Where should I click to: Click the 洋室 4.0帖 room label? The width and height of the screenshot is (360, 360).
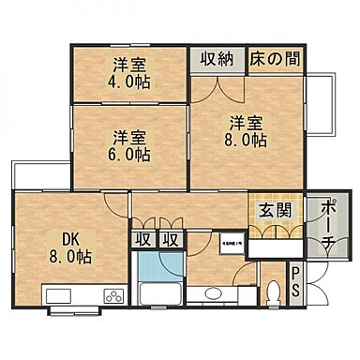tap(132, 73)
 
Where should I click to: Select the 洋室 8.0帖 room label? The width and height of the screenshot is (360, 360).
tap(246, 130)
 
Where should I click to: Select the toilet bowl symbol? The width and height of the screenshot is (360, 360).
tap(272, 296)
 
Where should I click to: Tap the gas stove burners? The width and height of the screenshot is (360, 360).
tap(113, 297)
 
